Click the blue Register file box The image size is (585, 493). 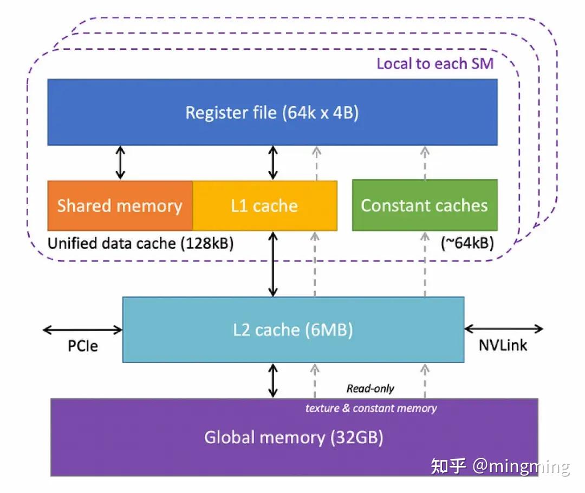tap(272, 113)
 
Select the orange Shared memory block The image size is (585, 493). tap(120, 206)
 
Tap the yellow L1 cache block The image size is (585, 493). tap(264, 206)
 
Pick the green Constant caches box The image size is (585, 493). tap(424, 206)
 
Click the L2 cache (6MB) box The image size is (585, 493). tap(293, 330)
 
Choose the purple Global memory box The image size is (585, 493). tap(294, 437)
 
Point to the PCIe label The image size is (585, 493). tap(83, 346)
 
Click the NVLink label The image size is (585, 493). tap(503, 345)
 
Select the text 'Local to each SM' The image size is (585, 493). tap(435, 64)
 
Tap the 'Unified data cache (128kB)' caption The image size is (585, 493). tap(141, 244)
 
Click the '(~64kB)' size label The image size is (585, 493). tap(466, 244)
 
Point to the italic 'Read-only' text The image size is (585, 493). tap(370, 389)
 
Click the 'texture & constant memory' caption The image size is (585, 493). tap(371, 408)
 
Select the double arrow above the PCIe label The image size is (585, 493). tap(83, 329)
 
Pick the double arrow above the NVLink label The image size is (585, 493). tap(504, 328)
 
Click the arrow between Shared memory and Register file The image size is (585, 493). tap(120, 163)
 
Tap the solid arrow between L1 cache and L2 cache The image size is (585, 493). tap(273, 264)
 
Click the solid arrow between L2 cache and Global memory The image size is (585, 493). tap(273, 380)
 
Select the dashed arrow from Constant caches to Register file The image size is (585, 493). tap(425, 163)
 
